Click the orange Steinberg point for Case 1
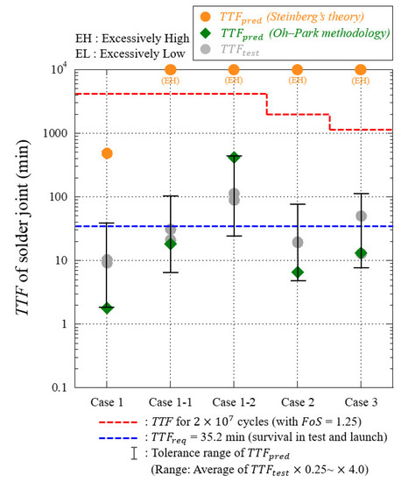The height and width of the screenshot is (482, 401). pos(107,153)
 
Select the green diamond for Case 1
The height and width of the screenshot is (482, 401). pos(107,308)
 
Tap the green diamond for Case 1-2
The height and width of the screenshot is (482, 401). pos(234,157)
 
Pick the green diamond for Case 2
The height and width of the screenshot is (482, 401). pos(297,273)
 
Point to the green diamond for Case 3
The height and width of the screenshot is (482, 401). pos(361,253)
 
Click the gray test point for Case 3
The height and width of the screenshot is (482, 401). pos(361,216)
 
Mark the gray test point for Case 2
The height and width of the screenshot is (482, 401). pos(297,242)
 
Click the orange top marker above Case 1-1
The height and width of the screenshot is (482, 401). pos(171,70)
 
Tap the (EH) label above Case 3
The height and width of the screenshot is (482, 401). pos(361,81)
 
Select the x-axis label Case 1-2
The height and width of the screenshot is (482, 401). pos(234,402)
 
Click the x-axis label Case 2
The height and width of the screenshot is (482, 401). pos(298,402)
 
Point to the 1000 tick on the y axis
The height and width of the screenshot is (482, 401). pos(55,133)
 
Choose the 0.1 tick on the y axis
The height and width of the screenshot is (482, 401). pos(60,387)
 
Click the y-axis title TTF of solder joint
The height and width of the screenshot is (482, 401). pos(23,228)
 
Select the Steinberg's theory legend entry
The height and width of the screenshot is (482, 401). pos(282,18)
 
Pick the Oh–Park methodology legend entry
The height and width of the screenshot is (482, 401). pos(294,34)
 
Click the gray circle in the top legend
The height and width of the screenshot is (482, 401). pos(205,49)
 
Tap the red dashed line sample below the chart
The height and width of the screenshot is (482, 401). pos(118,422)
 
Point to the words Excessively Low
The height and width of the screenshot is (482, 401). pos(143,53)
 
